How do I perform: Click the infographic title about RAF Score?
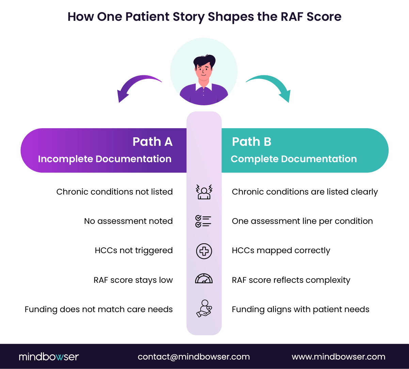pos(204,17)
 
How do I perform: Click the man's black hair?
pos(204,61)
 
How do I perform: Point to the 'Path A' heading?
pos(152,142)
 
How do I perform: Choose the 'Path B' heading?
pos(252,142)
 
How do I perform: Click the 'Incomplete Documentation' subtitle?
pos(105,159)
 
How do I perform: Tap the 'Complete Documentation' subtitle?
pos(294,159)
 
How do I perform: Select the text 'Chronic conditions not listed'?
pos(114,192)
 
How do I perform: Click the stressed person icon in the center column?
pos(204,192)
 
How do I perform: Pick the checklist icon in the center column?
pos(204,221)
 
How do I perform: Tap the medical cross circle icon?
pos(204,251)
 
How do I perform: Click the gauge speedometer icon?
pos(204,279)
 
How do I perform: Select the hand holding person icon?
pos(204,309)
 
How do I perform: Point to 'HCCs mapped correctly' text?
pos(281,251)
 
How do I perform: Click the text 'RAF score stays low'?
pos(133,280)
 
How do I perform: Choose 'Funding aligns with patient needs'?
pos(300,309)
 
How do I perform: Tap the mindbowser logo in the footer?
pos(49,357)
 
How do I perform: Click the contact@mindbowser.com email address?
pos(194,357)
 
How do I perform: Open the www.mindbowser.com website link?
pos(339,357)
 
